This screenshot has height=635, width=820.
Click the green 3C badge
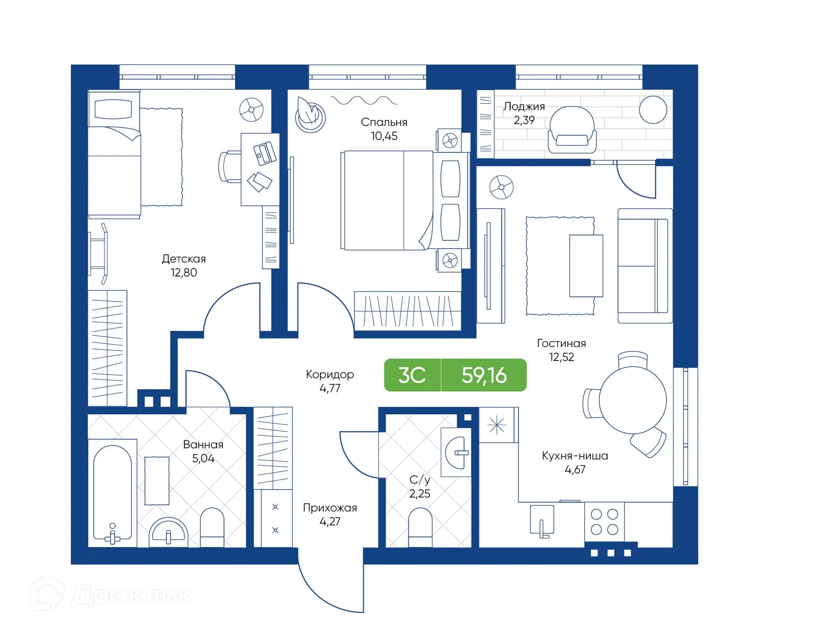[x=412, y=375]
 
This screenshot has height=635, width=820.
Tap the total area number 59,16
[x=484, y=375]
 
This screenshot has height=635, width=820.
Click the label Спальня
[x=384, y=122]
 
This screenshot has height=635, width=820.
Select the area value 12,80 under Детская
[x=184, y=273]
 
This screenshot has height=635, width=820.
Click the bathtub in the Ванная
[x=112, y=492]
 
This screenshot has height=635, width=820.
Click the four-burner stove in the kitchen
[x=604, y=522]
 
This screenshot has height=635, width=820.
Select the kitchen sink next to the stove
[x=542, y=520]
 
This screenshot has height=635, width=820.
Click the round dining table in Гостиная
[x=632, y=400]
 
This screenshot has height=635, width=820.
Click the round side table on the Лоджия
[x=653, y=110]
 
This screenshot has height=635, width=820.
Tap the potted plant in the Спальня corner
[x=310, y=115]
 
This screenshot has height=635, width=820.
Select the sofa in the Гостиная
[x=644, y=266]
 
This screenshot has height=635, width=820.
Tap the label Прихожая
[x=330, y=508]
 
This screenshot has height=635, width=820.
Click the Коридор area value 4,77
[x=330, y=388]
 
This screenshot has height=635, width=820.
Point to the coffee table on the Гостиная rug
[x=586, y=266]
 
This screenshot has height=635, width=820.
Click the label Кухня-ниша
[x=575, y=456]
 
